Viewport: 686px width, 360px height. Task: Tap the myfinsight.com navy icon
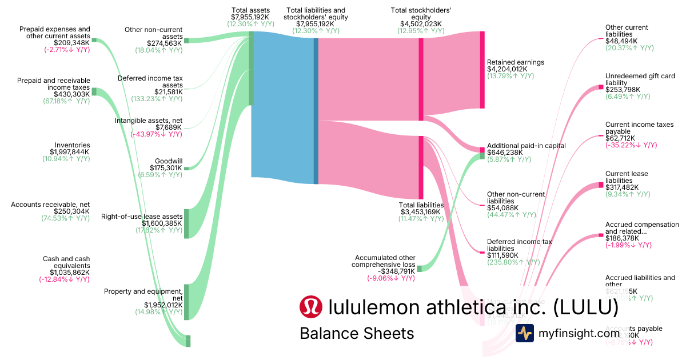[x=525, y=333]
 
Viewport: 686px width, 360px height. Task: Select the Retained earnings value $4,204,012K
[x=508, y=69]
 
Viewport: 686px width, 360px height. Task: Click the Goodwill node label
[x=169, y=161]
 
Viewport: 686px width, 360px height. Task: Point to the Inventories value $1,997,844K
[x=70, y=152]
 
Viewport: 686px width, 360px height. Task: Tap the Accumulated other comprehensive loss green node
[x=419, y=269]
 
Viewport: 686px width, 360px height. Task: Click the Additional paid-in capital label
[x=526, y=146]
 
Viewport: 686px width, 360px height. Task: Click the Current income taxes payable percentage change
[x=631, y=145]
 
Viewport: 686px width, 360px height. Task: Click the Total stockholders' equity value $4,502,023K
[x=421, y=23]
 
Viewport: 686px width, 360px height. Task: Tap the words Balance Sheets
[x=357, y=333]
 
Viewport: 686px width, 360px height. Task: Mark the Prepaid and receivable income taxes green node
[x=94, y=91]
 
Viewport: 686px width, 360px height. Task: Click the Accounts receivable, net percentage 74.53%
[x=65, y=218]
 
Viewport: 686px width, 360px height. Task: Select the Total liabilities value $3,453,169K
[x=422, y=212]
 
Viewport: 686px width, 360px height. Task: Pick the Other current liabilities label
[x=627, y=31]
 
